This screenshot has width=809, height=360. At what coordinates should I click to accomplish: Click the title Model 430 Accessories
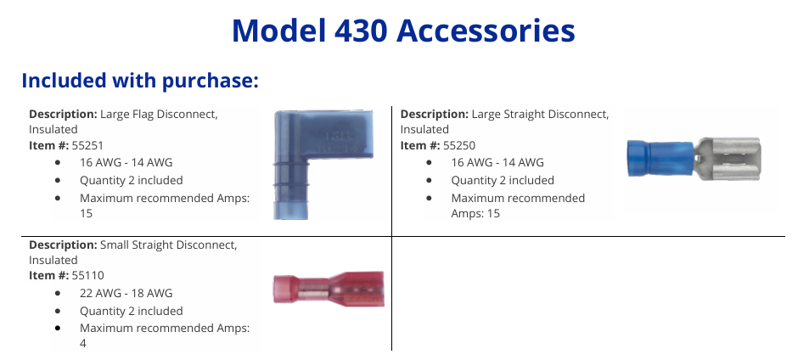[403, 31]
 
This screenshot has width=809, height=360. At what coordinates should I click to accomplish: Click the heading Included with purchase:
[140, 81]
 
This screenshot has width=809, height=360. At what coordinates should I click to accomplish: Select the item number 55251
[87, 145]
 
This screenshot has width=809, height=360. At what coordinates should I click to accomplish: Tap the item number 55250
[459, 145]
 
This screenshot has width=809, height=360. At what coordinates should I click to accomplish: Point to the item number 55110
[87, 275]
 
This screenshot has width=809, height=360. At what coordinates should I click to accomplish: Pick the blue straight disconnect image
[694, 159]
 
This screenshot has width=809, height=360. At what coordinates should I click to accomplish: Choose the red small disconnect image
[329, 289]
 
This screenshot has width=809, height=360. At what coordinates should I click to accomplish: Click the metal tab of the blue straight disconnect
[728, 159]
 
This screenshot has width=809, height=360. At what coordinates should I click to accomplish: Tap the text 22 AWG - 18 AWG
[126, 293]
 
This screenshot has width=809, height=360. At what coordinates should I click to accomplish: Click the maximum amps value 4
[83, 344]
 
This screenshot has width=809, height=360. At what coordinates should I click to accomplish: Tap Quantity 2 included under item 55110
[131, 311]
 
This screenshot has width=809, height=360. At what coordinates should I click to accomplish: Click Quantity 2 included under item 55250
[503, 181]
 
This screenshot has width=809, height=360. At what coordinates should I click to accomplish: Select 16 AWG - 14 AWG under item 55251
[126, 162]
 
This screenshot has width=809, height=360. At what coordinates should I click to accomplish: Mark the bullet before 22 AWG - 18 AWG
[57, 294]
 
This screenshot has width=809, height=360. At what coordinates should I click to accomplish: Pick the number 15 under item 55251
[86, 213]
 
